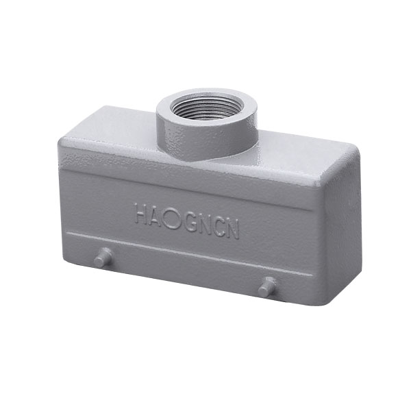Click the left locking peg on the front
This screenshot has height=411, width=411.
(x=103, y=258)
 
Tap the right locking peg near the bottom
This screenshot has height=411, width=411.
(x=267, y=287)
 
